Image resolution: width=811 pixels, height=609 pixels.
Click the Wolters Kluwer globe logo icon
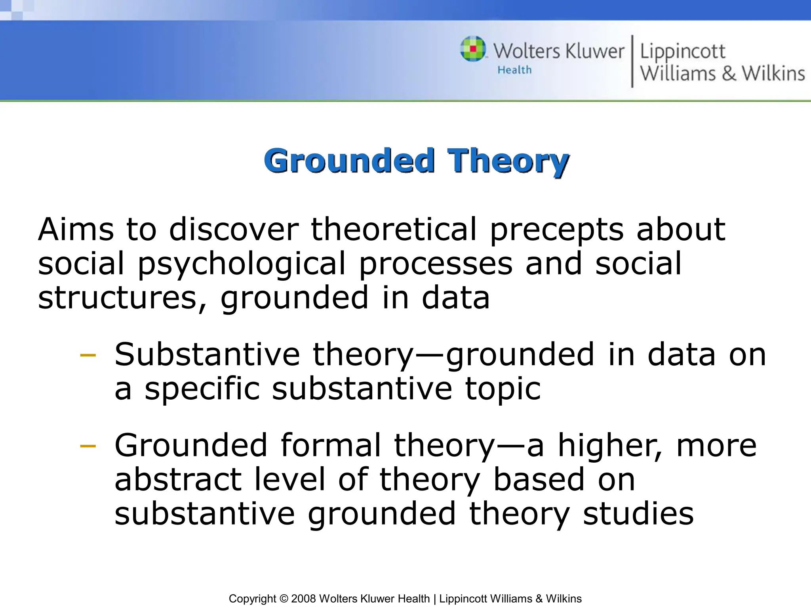pos(473,49)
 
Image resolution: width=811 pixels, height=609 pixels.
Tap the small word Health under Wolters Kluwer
pos(514,70)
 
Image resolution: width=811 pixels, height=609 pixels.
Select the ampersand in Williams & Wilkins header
pos(729,74)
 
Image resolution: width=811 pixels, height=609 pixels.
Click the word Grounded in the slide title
pos(349,161)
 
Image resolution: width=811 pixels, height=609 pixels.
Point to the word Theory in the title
pos(508,161)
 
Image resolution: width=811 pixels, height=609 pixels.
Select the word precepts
pos(556,230)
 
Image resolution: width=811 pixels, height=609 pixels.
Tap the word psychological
pos(242,264)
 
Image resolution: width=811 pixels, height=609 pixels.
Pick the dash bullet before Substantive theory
pos(88,355)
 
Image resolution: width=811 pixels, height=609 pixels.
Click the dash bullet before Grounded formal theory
pos(88,446)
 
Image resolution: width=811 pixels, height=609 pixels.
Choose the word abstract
pos(178,479)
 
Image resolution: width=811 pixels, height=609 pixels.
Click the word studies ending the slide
pos(638,513)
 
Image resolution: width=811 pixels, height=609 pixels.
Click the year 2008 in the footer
pos(303,599)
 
